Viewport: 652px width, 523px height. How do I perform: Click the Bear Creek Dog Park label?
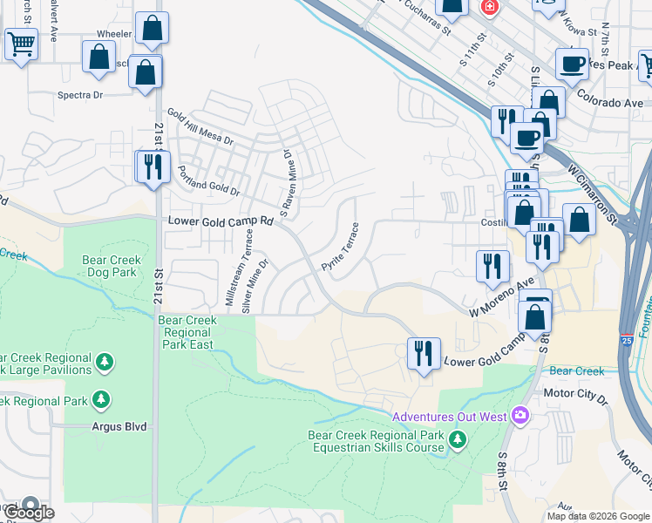[x=111, y=266]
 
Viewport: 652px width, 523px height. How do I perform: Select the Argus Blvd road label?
[x=119, y=427]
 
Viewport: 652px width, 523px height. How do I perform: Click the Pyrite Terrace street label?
[x=341, y=247]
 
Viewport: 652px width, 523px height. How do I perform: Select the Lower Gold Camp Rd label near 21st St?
[x=221, y=222]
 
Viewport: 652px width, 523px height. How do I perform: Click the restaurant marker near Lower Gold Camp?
[x=424, y=353]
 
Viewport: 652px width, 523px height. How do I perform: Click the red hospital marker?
[x=490, y=8]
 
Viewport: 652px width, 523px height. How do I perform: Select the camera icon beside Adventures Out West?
[x=521, y=414]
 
